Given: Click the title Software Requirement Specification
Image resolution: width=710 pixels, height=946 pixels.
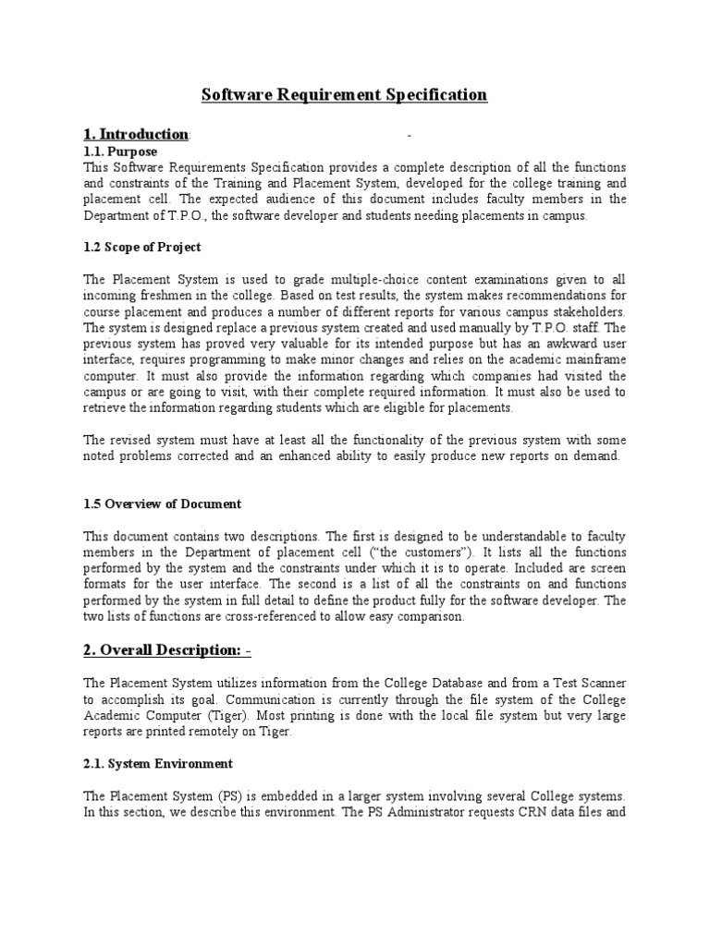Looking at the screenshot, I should pyautogui.click(x=344, y=95).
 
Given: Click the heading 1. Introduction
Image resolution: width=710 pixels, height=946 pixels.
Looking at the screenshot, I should pyautogui.click(x=135, y=136).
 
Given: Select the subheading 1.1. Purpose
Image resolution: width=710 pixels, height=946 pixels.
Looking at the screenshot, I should pyautogui.click(x=120, y=152).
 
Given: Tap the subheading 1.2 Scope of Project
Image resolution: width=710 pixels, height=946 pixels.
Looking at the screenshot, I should pyautogui.click(x=142, y=248).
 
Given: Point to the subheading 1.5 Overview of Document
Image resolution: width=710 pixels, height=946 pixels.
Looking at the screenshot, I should pyautogui.click(x=162, y=504).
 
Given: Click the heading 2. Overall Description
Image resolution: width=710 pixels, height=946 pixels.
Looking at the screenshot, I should pyautogui.click(x=166, y=650).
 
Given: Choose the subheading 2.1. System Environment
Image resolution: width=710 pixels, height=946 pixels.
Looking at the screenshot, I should pyautogui.click(x=158, y=764).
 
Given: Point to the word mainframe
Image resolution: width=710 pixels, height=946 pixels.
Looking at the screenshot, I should pyautogui.click(x=594, y=360).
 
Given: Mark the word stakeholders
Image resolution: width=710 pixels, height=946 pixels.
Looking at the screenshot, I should pyautogui.click(x=585, y=311).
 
